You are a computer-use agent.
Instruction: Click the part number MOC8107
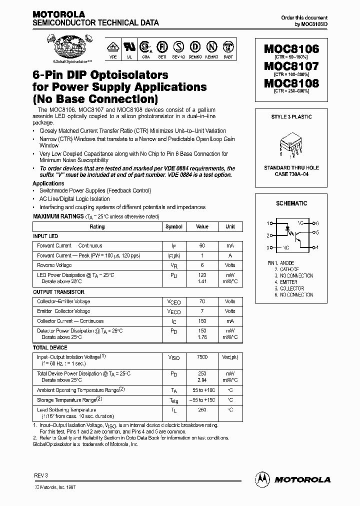[291, 65]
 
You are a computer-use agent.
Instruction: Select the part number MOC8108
[291, 83]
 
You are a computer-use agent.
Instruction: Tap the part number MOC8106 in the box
[291, 48]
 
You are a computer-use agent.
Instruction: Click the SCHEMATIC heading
[291, 203]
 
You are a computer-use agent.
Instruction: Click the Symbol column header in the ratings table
[174, 226]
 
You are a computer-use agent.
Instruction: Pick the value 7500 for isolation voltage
[202, 357]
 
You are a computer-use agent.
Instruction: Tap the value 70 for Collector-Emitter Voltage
[202, 301]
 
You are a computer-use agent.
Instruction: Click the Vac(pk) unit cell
[230, 357]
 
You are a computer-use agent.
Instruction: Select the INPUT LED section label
[45, 236]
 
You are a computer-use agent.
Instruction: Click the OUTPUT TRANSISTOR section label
[58, 292]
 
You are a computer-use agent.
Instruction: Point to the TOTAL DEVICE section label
[50, 347]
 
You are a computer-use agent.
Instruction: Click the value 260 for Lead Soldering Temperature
[202, 410]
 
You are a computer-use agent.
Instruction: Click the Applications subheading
[48, 183]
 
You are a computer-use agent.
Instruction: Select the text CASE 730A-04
[291, 174]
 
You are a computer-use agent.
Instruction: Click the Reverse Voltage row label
[54, 265]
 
